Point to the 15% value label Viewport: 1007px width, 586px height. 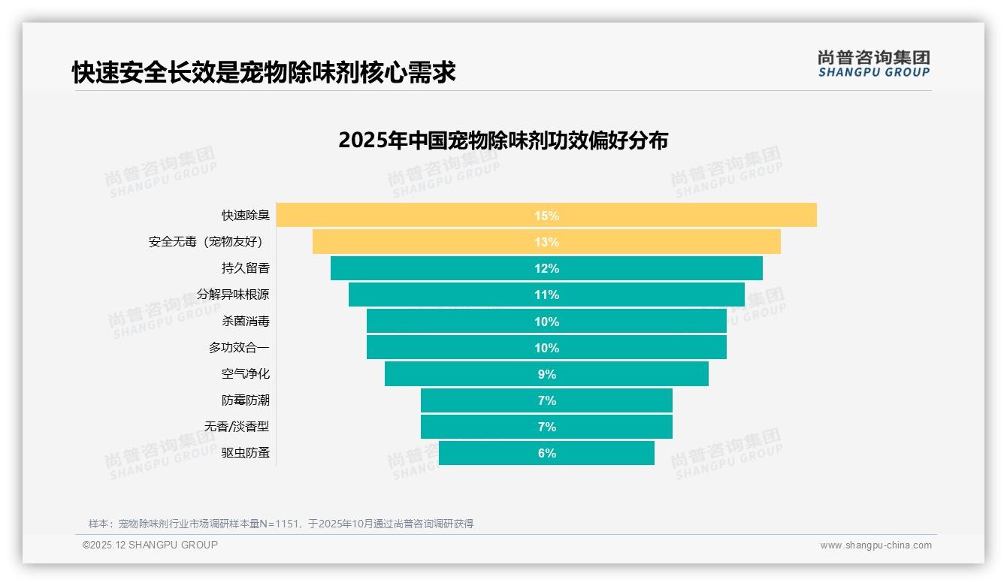[546, 216]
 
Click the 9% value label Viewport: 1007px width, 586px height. [546, 374]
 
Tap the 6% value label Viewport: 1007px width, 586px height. [546, 453]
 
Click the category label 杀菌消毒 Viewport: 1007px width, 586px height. [245, 322]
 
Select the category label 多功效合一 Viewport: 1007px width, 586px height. [238, 348]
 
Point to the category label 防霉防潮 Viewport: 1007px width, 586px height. [245, 400]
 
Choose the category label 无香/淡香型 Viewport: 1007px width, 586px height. [236, 427]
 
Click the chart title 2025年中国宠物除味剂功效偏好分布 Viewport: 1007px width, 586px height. [503, 140]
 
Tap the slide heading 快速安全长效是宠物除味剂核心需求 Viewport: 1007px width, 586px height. [264, 73]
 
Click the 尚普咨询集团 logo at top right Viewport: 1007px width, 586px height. [873, 64]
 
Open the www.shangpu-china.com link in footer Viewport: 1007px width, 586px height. [875, 545]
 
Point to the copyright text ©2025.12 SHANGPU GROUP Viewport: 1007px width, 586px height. [150, 545]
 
